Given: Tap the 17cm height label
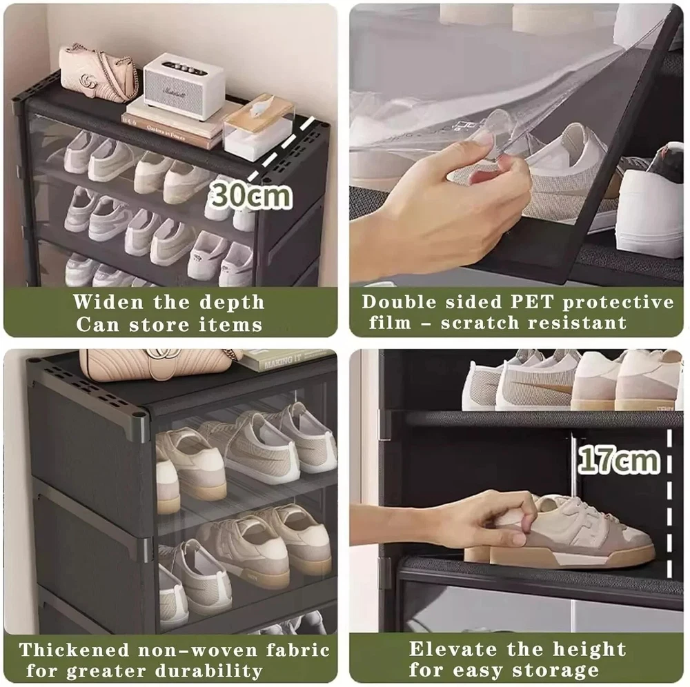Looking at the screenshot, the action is (x=619, y=459).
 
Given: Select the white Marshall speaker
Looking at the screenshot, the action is (x=184, y=86).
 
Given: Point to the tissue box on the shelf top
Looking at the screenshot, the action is (x=258, y=126).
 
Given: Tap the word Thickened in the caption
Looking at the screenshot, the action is (x=75, y=650).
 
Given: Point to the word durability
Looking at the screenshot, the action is (x=208, y=671).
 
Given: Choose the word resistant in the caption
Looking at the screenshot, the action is (x=578, y=323).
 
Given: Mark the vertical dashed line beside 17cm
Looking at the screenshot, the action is (x=669, y=504).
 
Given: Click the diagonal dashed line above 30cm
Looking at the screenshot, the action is (x=282, y=148).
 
